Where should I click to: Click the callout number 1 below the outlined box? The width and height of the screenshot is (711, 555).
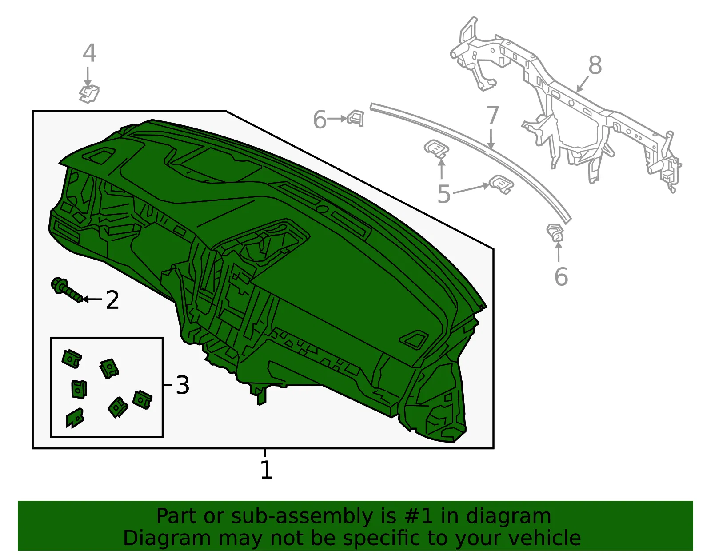pyautogui.click(x=267, y=470)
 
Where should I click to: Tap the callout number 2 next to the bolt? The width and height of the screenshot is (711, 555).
pyautogui.click(x=112, y=300)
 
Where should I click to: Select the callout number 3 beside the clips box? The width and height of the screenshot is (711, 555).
pyautogui.click(x=183, y=385)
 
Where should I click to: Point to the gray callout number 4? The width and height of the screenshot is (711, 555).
pyautogui.click(x=90, y=52)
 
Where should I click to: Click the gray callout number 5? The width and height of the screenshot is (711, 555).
pyautogui.click(x=444, y=194)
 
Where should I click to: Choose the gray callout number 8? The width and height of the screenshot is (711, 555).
pyautogui.click(x=595, y=65)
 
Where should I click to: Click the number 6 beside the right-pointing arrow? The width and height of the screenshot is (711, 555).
pyautogui.click(x=320, y=120)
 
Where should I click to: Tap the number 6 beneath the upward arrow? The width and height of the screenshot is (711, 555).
pyautogui.click(x=561, y=276)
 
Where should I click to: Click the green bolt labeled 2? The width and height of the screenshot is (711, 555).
pyautogui.click(x=66, y=289)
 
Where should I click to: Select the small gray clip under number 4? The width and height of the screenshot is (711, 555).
pyautogui.click(x=89, y=94)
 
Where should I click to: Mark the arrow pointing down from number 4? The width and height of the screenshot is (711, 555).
pyautogui.click(x=88, y=77)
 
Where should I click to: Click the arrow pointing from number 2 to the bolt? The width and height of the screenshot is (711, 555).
pyautogui.click(x=92, y=299)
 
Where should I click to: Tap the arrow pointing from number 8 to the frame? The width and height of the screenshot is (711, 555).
pyautogui.click(x=583, y=84)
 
